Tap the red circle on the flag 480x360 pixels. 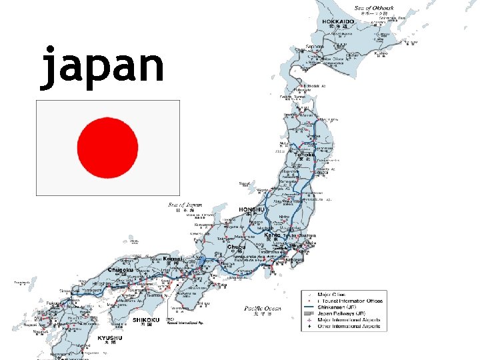[x=108, y=148]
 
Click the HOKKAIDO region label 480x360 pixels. [x=338, y=21]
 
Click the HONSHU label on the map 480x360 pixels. [x=251, y=209]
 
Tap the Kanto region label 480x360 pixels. [x=272, y=235]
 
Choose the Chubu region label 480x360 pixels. [x=236, y=247]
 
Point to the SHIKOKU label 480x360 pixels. [x=145, y=320]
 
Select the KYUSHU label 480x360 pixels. [x=109, y=338]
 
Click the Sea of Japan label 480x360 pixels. [x=184, y=205]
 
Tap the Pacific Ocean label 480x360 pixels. [x=262, y=308]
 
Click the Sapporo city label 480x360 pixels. [x=315, y=47]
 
